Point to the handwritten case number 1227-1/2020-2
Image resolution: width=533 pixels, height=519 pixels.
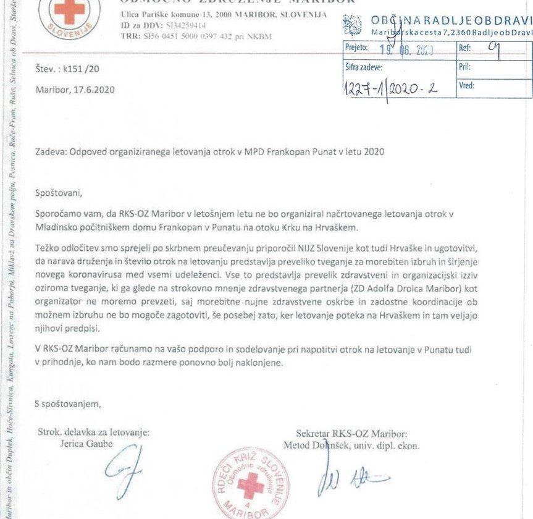coord(390,88)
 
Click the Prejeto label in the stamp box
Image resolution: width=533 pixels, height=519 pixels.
coord(356,47)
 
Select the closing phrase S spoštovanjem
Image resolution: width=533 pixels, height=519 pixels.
coord(67,404)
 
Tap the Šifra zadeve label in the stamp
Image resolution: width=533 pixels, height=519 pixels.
coord(364,67)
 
